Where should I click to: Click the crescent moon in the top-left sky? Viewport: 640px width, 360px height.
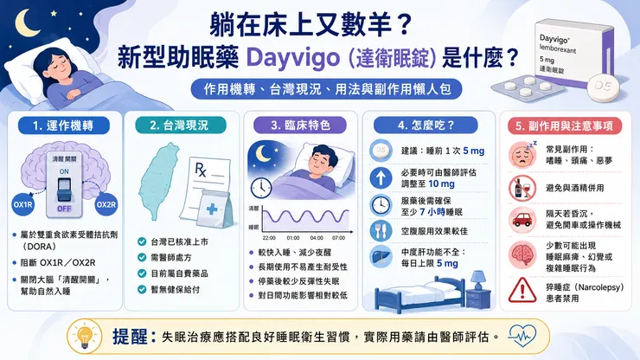24,22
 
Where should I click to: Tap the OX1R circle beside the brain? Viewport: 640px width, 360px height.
22,204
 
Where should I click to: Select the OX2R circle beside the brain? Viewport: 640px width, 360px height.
106,204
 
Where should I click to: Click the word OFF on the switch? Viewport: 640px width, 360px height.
64,209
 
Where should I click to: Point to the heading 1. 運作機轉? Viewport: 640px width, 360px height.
63,125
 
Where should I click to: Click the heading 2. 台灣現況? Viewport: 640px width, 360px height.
180,125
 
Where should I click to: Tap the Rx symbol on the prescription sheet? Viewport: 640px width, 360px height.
201,169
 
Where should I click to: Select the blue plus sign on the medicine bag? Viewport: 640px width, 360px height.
212,209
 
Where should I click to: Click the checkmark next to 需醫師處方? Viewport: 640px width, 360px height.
142,257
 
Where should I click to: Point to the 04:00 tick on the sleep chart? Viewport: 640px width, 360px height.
317,237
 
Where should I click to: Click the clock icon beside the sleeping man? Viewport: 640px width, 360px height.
261,188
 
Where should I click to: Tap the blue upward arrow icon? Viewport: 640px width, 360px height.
381,178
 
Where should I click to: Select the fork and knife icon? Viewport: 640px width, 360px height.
381,231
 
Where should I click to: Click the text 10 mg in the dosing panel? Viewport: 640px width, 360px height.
441,183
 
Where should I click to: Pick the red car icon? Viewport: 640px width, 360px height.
522,220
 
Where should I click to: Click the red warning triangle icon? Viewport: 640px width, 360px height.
522,290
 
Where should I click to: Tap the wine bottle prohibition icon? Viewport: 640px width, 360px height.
522,189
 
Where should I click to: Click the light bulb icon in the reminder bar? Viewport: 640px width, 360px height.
85,337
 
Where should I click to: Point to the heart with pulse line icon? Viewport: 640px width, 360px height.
522,337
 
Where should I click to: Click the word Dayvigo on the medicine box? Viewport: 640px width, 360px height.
554,40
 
